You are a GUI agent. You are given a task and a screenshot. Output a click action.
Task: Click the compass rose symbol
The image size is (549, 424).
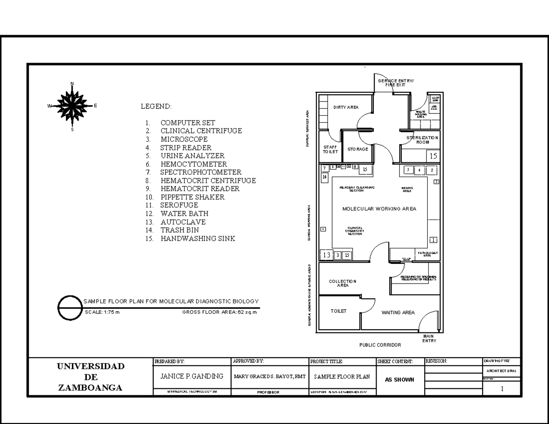[72, 106]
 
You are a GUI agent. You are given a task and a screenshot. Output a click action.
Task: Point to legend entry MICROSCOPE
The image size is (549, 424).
[183, 139]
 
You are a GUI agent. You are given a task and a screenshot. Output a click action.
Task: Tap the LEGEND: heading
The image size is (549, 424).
[156, 107]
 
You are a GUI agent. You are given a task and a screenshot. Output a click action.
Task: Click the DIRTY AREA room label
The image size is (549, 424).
[346, 107]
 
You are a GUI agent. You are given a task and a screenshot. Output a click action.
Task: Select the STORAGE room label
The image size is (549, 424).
[357, 149]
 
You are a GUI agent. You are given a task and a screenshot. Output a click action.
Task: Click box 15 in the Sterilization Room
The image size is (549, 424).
[433, 156]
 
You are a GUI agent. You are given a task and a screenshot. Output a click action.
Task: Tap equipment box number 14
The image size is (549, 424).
[324, 177]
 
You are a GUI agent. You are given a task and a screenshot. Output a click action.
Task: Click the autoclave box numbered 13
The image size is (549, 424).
[326, 255]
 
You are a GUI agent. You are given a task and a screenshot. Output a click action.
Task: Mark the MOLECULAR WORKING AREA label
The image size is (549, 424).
[379, 209]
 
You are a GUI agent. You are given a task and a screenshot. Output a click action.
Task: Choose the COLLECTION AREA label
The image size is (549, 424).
[343, 283]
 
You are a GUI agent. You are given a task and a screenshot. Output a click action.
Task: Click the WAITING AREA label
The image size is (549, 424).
[398, 313]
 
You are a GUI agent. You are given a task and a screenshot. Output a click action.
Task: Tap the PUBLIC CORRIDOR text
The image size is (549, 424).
[380, 345]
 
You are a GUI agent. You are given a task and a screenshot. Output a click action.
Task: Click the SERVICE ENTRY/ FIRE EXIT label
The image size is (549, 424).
[395, 82]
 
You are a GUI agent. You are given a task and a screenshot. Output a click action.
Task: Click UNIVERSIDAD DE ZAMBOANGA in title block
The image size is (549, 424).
[90, 377]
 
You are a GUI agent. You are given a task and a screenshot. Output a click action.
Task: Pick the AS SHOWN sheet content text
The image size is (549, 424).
[399, 379]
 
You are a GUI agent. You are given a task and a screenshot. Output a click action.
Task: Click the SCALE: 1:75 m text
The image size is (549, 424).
[102, 313]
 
